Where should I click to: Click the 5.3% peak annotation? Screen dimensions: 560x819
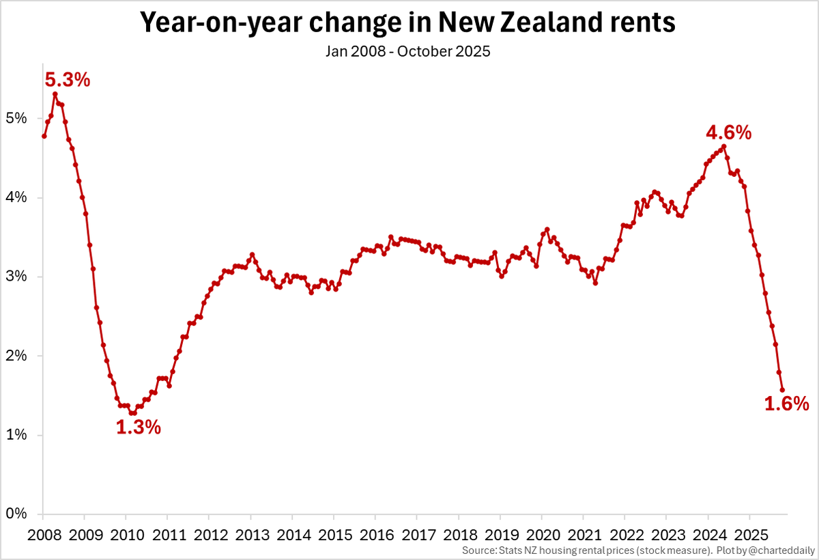(68, 81)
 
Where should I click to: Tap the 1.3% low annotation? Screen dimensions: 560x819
(139, 428)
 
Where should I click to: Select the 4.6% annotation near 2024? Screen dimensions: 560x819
(729, 132)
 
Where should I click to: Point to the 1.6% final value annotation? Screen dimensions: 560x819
(786, 404)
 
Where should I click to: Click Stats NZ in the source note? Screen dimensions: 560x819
(521, 550)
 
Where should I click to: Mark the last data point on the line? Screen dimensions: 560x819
(782, 390)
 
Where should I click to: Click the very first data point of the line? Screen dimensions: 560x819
(44, 136)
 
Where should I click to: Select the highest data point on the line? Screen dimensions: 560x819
(55, 94)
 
